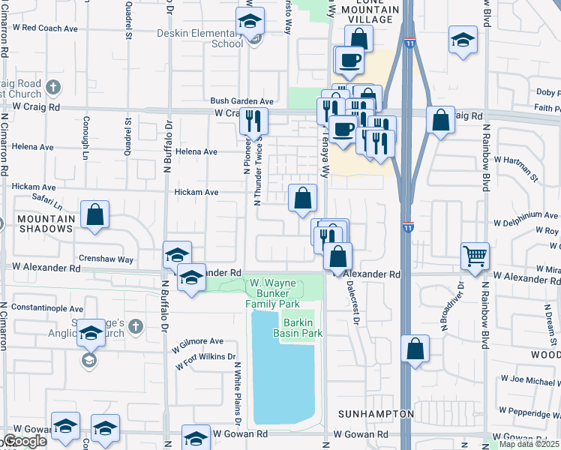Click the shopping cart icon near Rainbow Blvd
475,256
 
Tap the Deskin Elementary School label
200,38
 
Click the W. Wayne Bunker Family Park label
274,292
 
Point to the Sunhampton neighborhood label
375,414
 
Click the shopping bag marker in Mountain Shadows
95,215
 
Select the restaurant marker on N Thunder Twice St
253,120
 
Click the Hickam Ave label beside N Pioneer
196,193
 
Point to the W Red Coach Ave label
45,28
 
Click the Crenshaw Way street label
104,259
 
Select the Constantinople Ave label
46,308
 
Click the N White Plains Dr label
237,393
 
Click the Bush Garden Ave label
242,100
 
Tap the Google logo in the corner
24,442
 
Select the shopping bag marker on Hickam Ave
302,199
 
